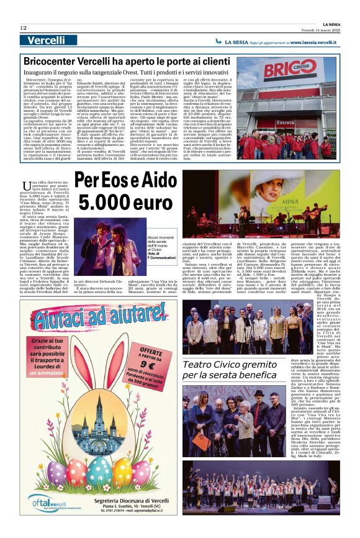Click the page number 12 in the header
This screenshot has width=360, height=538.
click(x=24, y=27)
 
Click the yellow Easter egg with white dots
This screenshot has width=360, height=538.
click(x=122, y=469)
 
